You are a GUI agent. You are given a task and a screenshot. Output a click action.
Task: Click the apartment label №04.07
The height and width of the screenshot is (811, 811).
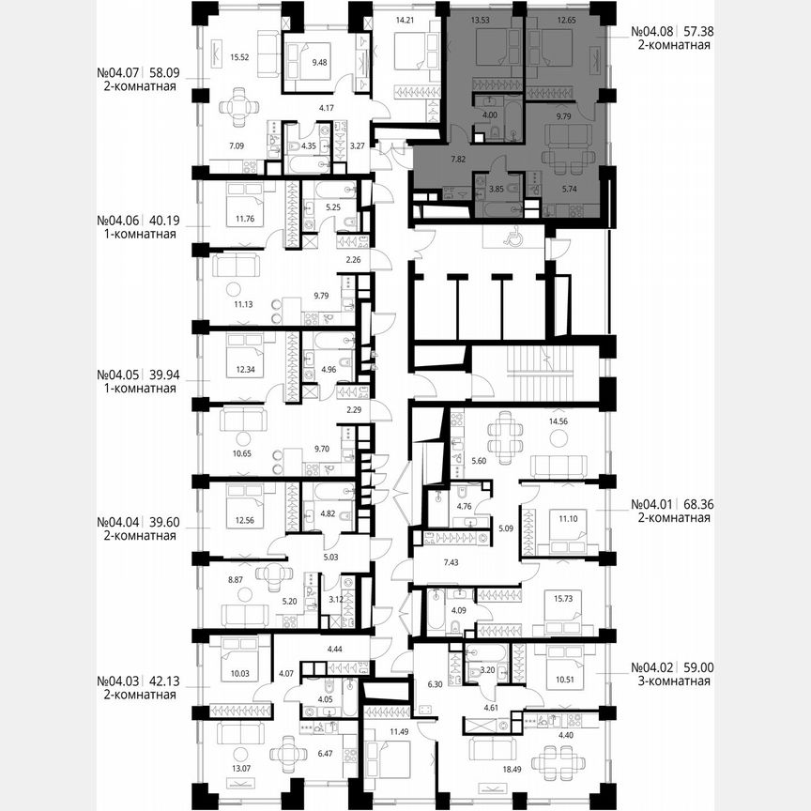click(x=118, y=70)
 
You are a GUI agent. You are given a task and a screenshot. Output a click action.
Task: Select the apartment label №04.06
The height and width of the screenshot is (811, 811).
click(x=118, y=222)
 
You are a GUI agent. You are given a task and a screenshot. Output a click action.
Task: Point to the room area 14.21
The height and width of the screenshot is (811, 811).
click(x=405, y=19)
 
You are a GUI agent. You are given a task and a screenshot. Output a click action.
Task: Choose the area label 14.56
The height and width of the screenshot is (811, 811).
click(x=571, y=422)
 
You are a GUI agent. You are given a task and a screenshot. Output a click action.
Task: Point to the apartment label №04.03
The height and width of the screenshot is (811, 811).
click(x=118, y=681)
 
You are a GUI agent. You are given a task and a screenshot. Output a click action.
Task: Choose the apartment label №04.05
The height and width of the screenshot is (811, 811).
click(x=118, y=373)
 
